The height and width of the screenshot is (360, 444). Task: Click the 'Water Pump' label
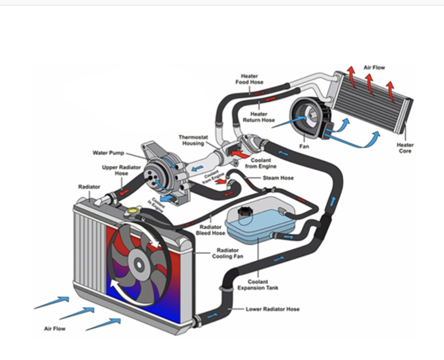[108, 153]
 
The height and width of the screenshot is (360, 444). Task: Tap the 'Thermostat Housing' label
[193, 140]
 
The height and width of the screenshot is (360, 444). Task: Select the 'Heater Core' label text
[405, 148]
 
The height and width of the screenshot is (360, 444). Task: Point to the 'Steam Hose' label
[278, 178]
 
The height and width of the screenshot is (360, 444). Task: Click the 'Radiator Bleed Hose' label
[210, 230]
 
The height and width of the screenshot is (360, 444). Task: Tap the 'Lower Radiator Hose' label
[272, 309]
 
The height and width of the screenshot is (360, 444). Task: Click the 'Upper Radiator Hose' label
[115, 170]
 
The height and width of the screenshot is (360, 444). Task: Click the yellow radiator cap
[132, 211]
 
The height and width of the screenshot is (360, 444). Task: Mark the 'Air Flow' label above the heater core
[374, 67]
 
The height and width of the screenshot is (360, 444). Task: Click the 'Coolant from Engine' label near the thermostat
[261, 164]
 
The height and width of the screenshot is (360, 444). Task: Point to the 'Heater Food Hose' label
[249, 79]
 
